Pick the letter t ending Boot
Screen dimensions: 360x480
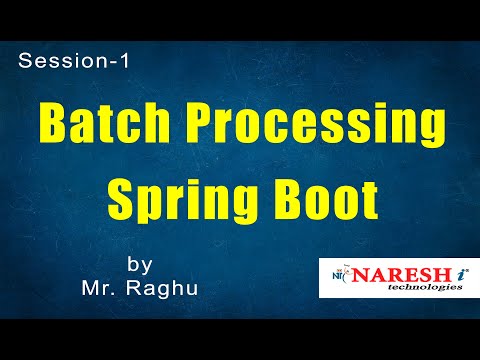pos(369,197)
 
